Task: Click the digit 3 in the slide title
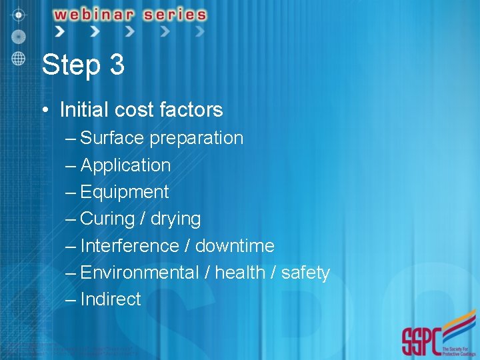pyautogui.click(x=116, y=65)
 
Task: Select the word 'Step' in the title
pyautogui.click(x=69, y=65)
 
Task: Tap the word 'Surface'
pyautogui.click(x=112, y=138)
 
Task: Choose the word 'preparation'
pyautogui.click(x=197, y=139)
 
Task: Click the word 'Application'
pyautogui.click(x=125, y=165)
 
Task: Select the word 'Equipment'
pyautogui.click(x=125, y=193)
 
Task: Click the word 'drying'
pyautogui.click(x=175, y=219)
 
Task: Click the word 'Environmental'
pyautogui.click(x=139, y=273)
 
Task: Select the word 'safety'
pyautogui.click(x=305, y=273)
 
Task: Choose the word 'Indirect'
pyautogui.click(x=111, y=299)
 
